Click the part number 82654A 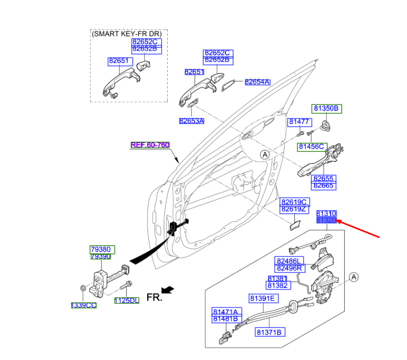click(257, 82)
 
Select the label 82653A click(192, 121)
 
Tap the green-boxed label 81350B click(327, 109)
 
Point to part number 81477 click(298, 122)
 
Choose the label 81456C click(312, 147)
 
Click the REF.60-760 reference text click(150, 145)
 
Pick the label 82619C click(294, 202)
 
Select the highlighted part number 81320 click(326, 220)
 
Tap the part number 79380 click(101, 249)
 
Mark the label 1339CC click(83, 305)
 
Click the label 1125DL click(127, 301)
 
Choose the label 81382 click(277, 285)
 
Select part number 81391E click(264, 299)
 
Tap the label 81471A click(225, 312)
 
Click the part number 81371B click(270, 333)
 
